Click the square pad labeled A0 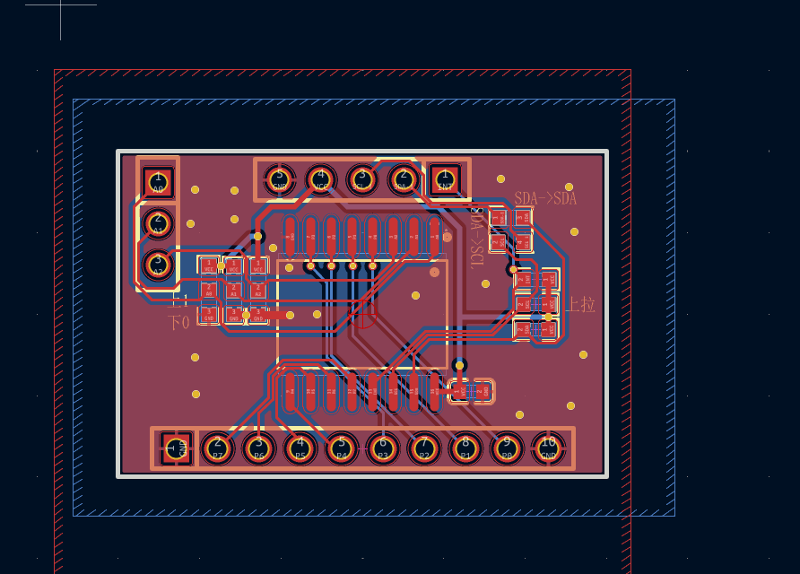(x=159, y=182)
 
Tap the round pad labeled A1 (x=159, y=223)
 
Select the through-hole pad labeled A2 (x=159, y=265)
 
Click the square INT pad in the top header (x=444, y=179)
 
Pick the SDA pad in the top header (x=403, y=179)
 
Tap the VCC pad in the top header (x=320, y=179)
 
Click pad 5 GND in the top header (x=279, y=179)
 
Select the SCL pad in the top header (x=361, y=179)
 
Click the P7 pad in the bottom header (x=217, y=448)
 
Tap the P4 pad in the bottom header (x=341, y=448)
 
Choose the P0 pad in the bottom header (x=506, y=448)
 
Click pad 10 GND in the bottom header (x=548, y=448)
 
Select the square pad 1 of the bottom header (x=176, y=448)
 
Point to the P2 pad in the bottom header (x=423, y=448)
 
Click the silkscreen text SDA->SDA (x=545, y=198)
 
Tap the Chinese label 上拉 (x=580, y=304)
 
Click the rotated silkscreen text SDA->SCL (x=477, y=238)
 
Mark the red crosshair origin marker (x=364, y=315)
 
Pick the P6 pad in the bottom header (x=258, y=448)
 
